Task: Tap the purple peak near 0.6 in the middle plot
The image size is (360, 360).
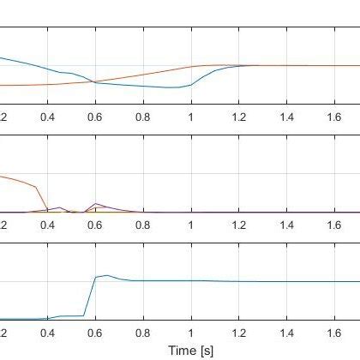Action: click(95, 203)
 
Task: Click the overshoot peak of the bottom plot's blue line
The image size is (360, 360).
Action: click(106, 275)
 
